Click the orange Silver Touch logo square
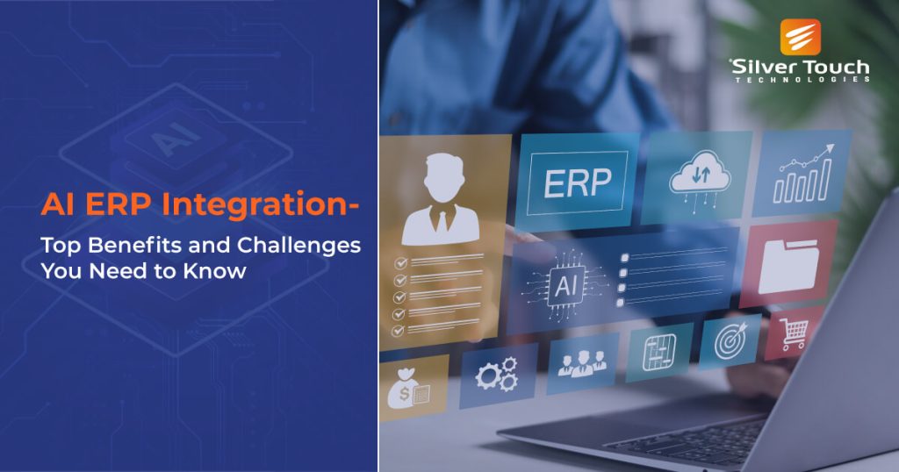coord(801,38)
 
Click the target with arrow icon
coord(730,340)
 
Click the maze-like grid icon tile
coord(659,351)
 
